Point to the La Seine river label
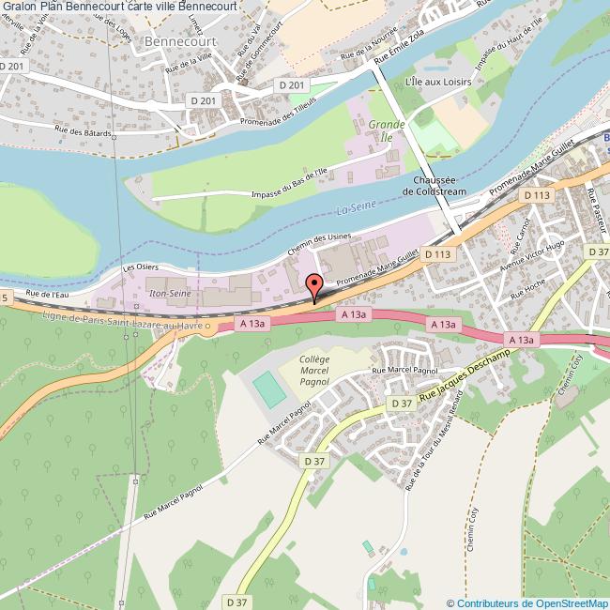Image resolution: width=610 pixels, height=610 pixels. pos(355,210)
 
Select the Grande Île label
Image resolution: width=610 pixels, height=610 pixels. pos(386,130)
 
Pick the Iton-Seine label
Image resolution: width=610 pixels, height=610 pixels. pos(169,294)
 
